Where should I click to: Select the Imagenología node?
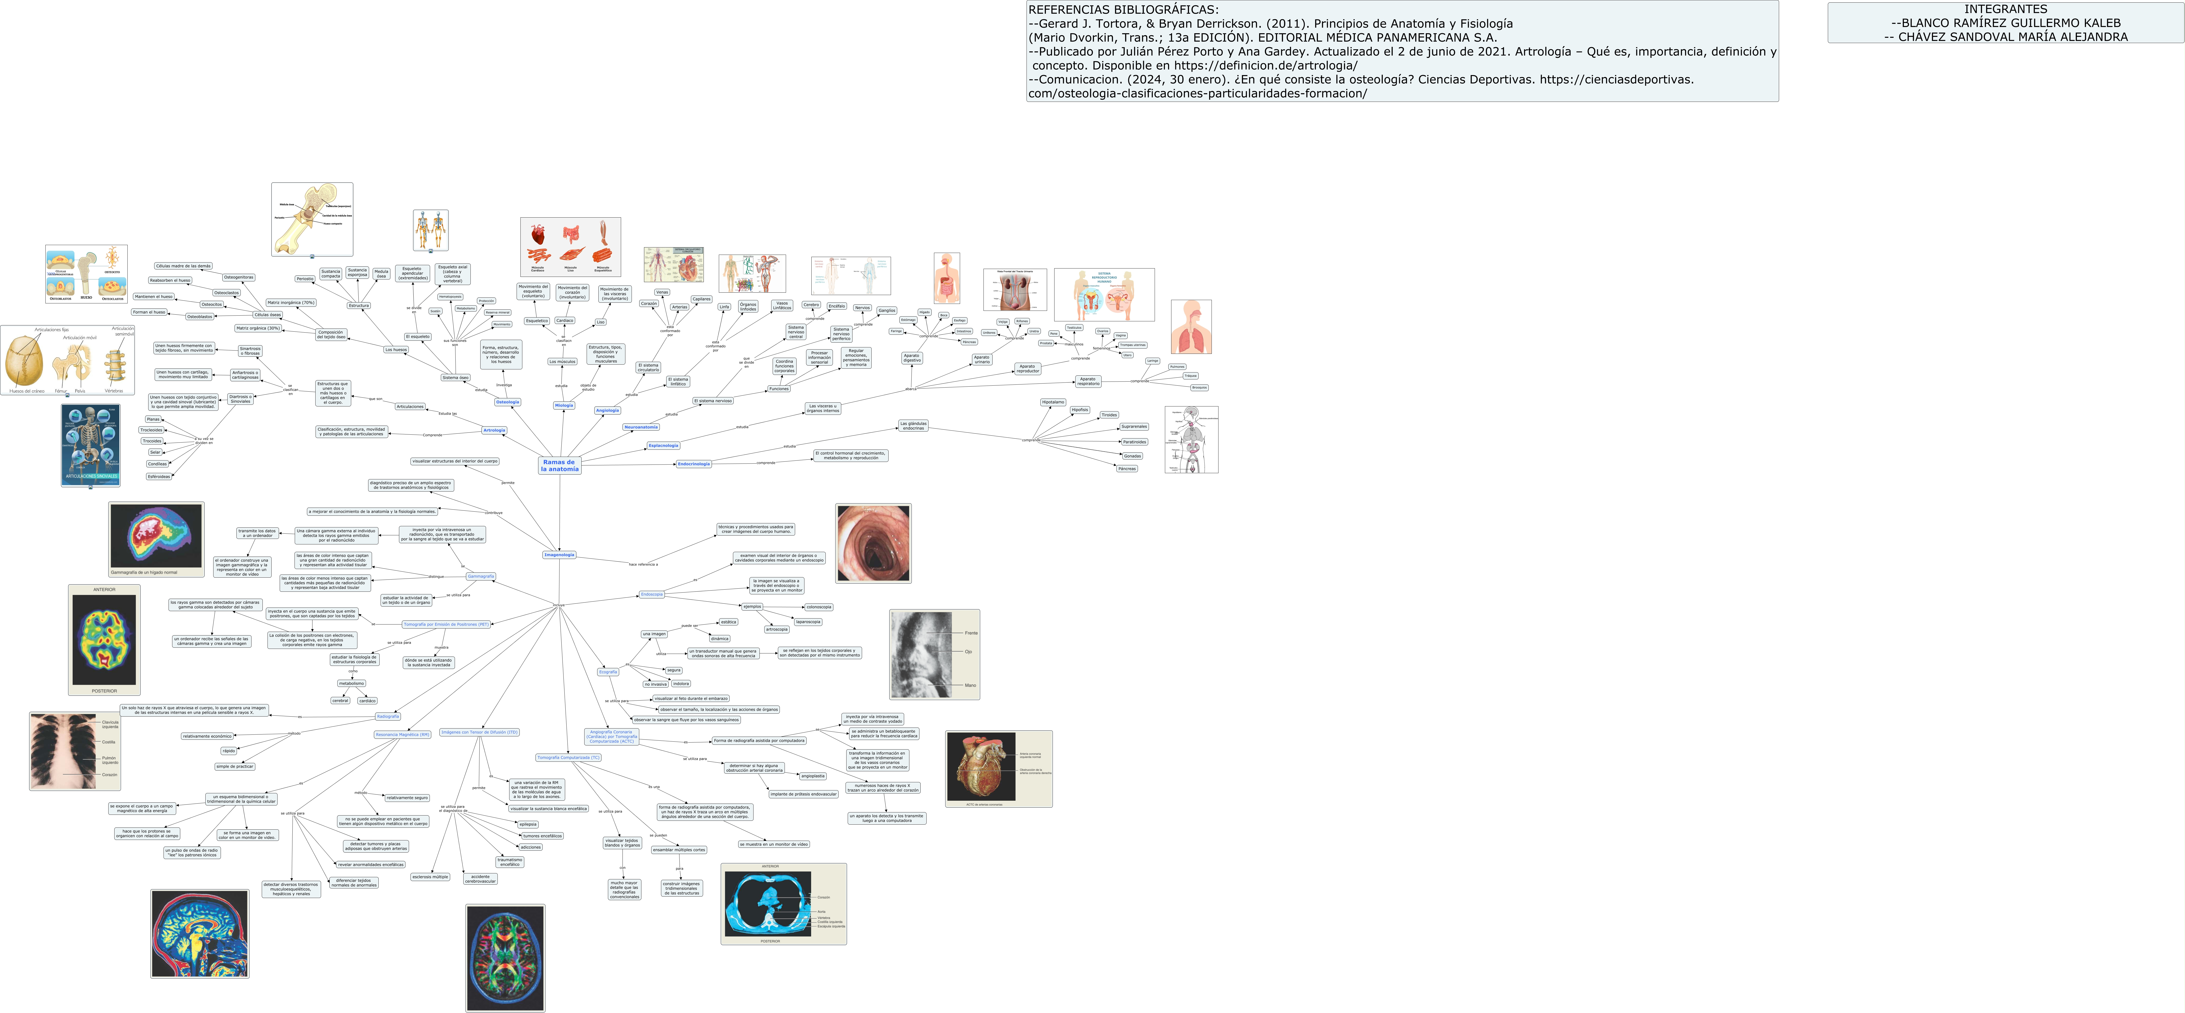point(559,555)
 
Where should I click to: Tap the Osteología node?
point(507,402)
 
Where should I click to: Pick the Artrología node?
point(494,430)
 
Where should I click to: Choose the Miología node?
point(564,405)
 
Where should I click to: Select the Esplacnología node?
point(663,445)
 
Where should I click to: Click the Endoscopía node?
point(651,595)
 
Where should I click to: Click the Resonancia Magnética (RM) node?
point(402,735)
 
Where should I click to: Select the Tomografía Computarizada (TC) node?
point(568,758)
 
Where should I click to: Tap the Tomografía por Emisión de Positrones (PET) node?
point(446,624)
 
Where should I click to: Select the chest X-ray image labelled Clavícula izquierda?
point(75,752)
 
